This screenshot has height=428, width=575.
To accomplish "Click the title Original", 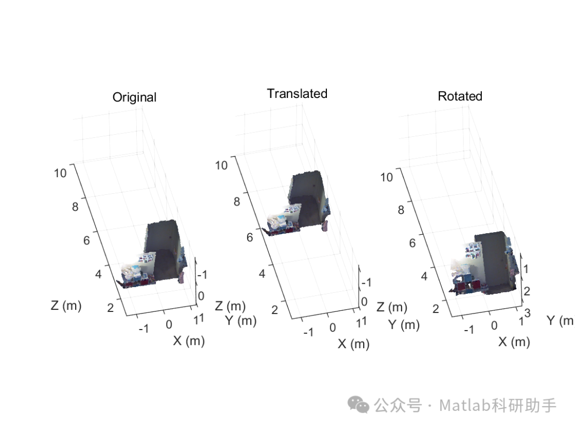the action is (x=134, y=97).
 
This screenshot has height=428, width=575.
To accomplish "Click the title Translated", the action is (x=297, y=94).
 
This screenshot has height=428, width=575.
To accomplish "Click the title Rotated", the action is (x=460, y=96).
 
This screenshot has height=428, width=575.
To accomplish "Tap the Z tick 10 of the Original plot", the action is (x=60, y=172).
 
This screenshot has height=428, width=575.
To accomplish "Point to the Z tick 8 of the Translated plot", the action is (x=237, y=201).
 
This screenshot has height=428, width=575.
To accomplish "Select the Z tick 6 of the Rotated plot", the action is (x=413, y=243).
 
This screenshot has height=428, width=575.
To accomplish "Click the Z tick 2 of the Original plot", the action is (x=110, y=308).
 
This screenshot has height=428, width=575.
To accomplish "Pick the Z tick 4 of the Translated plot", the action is (x=262, y=274).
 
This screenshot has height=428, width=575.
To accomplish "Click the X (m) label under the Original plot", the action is (x=189, y=341).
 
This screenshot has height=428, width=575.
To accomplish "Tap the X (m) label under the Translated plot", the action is (x=354, y=344).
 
